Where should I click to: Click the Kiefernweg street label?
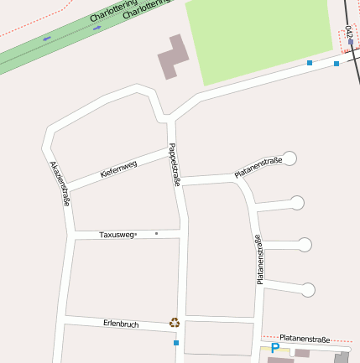(118, 169)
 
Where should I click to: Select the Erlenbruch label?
(121, 323)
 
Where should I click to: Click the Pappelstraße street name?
(175, 164)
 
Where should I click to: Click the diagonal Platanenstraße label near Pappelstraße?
(258, 167)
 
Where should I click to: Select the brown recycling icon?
(175, 322)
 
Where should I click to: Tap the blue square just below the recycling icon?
(176, 343)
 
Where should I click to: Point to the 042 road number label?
(348, 34)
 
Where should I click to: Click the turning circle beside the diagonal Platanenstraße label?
(290, 158)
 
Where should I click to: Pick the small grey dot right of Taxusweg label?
(156, 233)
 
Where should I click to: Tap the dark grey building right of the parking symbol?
(342, 357)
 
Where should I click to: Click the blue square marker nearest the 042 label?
(337, 64)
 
